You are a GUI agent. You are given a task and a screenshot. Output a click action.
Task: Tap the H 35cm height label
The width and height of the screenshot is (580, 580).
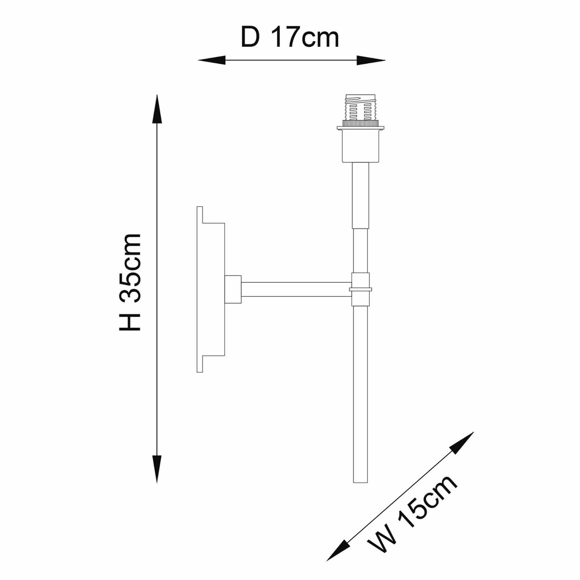click(130, 282)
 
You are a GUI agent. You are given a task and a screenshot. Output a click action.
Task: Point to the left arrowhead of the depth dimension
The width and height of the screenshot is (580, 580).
click(212, 60)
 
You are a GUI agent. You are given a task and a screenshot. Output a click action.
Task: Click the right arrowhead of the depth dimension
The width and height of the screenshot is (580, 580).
click(371, 60)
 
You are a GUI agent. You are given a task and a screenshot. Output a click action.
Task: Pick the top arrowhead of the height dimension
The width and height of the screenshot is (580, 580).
click(157, 109)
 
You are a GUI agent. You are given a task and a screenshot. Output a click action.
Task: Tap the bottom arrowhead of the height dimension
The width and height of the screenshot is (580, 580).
click(157, 469)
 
